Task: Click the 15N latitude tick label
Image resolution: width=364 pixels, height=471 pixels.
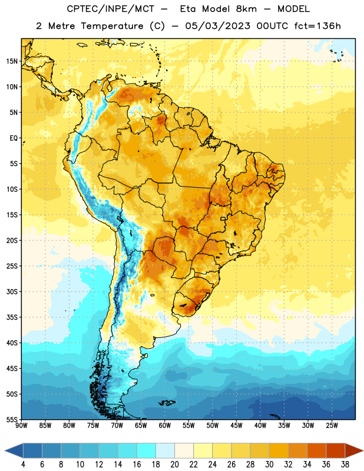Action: pos(12,61)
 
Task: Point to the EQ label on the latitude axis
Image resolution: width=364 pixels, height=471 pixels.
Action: pos(14,138)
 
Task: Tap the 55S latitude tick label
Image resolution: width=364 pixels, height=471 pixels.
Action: pos(12,419)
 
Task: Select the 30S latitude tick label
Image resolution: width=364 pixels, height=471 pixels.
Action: pos(12,291)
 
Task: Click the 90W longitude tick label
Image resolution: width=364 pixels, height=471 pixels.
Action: pos(21,426)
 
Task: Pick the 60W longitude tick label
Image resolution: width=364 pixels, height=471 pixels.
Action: pos(165,426)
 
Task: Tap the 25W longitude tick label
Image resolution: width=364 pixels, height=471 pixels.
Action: pos(332,426)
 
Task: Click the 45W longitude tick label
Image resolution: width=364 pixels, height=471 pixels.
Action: pos(236,426)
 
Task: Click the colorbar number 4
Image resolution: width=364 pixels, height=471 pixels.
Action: pos(23,465)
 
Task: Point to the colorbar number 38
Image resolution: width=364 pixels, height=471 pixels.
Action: pos(345,465)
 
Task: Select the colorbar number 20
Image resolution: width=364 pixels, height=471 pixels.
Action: pos(174,465)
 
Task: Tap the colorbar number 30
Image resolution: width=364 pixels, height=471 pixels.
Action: pos(269,465)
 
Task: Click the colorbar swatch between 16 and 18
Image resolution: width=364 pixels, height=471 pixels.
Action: pos(147,450)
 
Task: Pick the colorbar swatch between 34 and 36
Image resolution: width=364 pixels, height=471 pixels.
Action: pos(317,450)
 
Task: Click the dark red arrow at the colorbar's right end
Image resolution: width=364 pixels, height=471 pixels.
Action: pos(354,450)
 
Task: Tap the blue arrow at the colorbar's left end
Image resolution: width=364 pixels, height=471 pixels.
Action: pos(14,450)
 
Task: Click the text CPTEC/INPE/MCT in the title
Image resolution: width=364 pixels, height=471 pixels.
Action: pos(111,9)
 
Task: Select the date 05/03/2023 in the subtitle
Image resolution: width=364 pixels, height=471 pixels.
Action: pos(217,26)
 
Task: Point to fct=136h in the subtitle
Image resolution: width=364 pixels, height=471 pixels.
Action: pos(317,26)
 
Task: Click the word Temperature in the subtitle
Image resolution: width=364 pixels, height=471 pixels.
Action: pos(112,26)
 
